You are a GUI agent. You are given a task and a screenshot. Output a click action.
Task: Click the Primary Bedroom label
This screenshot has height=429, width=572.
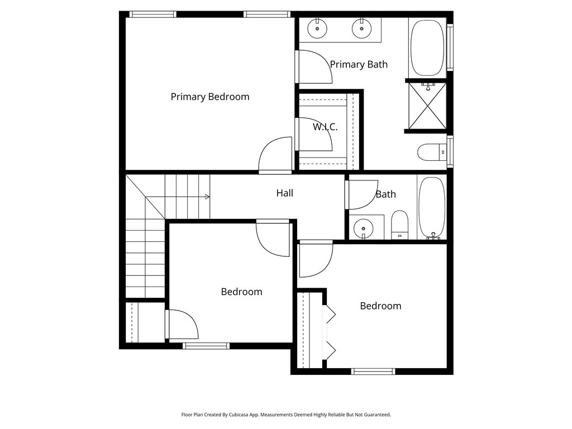pyautogui.click(x=210, y=97)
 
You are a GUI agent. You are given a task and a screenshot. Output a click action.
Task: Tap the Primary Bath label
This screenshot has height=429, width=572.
pyautogui.click(x=359, y=64)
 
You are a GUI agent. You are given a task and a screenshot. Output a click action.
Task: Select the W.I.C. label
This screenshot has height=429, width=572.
pyautogui.click(x=325, y=127)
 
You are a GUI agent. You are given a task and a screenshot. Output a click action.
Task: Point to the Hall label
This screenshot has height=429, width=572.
pyautogui.click(x=285, y=193)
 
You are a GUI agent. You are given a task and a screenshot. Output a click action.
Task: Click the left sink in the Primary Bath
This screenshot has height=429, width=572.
pyautogui.click(x=318, y=28)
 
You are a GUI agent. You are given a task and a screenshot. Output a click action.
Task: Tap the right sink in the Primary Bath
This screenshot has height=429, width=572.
pyautogui.click(x=361, y=28)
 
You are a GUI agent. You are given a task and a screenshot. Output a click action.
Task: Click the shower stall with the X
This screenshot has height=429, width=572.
pyautogui.click(x=426, y=107)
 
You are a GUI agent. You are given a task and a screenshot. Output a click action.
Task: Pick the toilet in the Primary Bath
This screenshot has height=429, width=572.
pyautogui.click(x=431, y=151)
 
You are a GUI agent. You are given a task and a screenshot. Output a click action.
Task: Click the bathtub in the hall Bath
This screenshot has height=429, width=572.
pyautogui.click(x=432, y=208)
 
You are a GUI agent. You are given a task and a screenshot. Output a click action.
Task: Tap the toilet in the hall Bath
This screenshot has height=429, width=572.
pyautogui.click(x=399, y=225)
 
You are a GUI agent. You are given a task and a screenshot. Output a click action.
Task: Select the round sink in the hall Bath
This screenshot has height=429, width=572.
pyautogui.click(x=364, y=227)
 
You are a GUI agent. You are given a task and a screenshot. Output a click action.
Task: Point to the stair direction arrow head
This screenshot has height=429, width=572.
pyautogui.click(x=207, y=197)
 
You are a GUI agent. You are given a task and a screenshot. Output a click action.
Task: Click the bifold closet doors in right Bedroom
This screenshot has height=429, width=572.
pyautogui.click(x=330, y=333)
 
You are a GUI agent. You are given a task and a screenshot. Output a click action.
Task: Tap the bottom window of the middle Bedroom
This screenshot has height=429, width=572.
pyautogui.click(x=206, y=346)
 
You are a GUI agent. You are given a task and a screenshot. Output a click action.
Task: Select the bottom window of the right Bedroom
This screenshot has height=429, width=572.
pyautogui.click(x=373, y=371)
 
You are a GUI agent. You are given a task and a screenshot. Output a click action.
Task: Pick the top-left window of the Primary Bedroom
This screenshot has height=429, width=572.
pyautogui.click(x=152, y=15)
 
